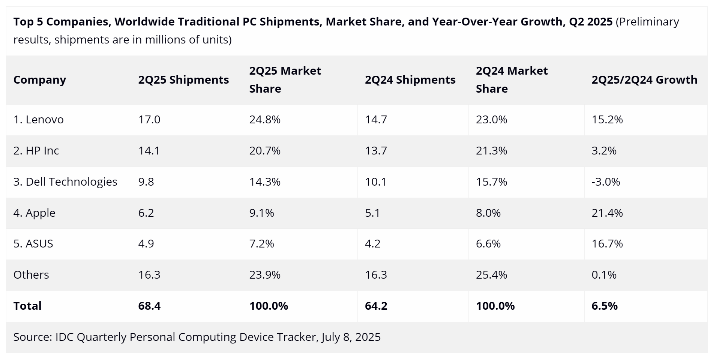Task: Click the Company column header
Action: coord(40,80)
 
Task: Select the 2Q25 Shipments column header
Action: coord(183,80)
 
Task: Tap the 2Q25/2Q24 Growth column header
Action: coord(644,80)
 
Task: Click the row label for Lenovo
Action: coord(39,120)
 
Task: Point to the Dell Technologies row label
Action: coord(65,182)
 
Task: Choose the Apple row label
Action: coord(35,213)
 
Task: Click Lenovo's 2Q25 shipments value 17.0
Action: coord(149,120)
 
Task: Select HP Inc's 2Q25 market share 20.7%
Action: coord(265,151)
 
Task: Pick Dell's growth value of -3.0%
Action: coord(606,182)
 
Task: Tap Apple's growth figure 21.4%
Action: coord(607,213)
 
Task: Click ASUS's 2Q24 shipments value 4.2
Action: coord(372,244)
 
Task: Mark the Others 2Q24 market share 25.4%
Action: coord(491,275)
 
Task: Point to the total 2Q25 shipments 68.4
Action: coord(149,306)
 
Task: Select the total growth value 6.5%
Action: coord(605,306)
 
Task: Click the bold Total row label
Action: coord(27,306)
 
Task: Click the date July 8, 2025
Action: coord(351,337)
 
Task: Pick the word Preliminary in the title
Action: coord(649,22)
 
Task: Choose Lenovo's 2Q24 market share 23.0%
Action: coord(491,120)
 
